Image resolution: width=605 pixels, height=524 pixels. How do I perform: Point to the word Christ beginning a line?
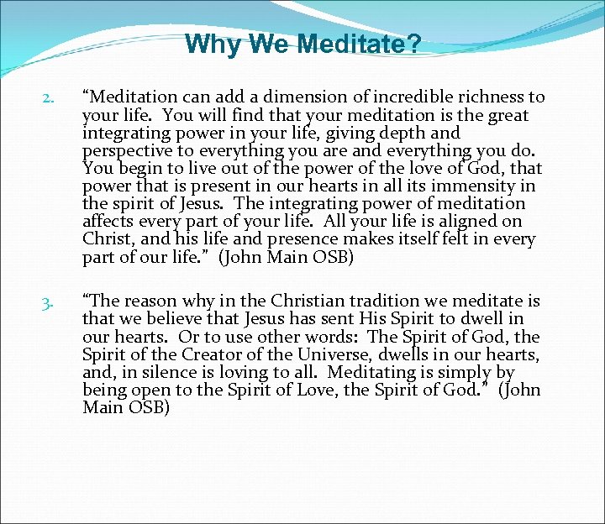click(x=105, y=239)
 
